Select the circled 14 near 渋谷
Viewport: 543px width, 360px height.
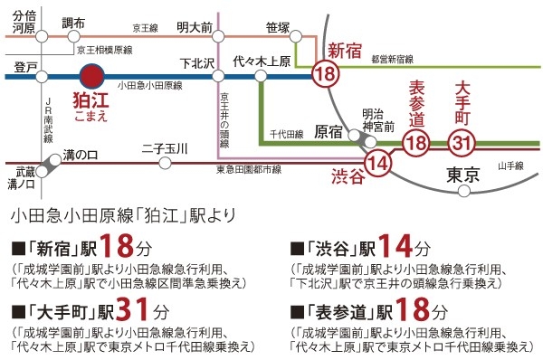tap(381, 163)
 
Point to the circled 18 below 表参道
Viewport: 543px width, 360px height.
tap(416, 142)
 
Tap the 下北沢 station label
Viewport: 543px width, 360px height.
tap(196, 65)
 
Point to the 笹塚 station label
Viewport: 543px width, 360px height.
tap(278, 27)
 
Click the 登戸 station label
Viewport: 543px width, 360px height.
tap(26, 68)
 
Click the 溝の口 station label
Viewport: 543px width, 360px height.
tap(81, 156)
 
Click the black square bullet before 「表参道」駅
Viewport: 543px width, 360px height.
tap(296, 314)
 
